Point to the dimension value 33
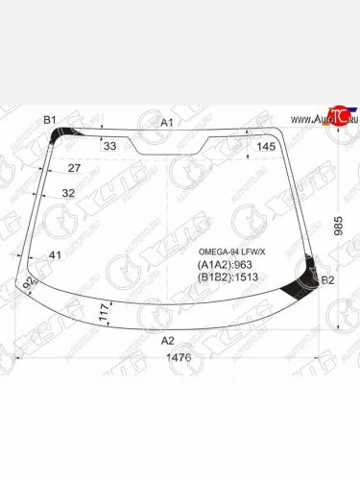(108, 146)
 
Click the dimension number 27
(74, 169)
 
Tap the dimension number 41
(56, 255)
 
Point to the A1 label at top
(166, 122)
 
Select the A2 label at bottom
(167, 340)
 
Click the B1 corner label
(50, 119)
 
